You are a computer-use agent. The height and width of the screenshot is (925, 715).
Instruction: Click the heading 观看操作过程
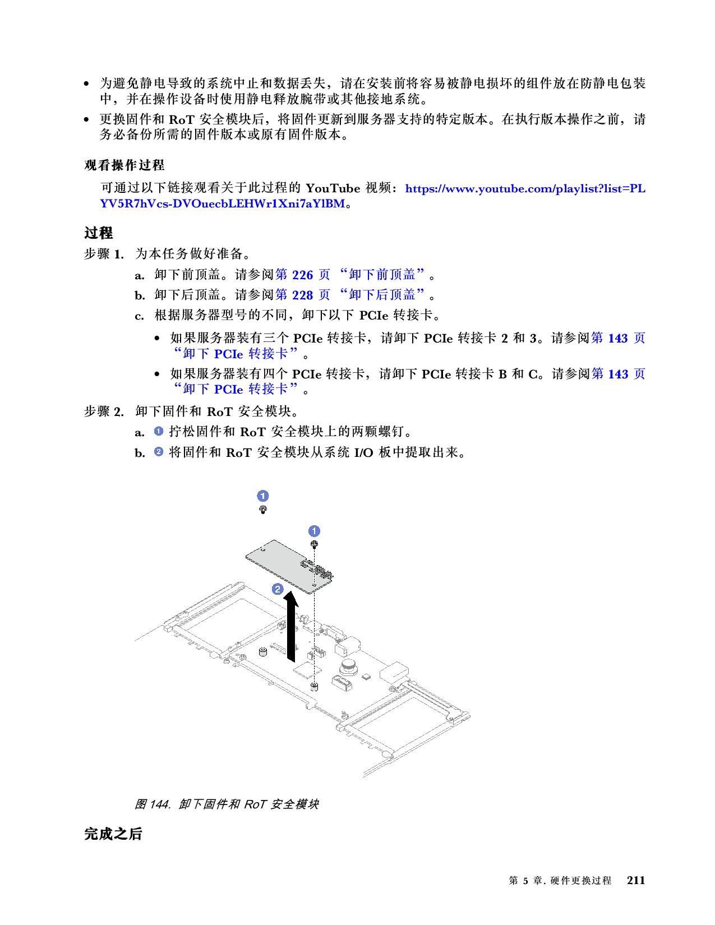[x=124, y=165]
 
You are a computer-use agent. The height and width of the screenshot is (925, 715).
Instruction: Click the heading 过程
[x=98, y=233]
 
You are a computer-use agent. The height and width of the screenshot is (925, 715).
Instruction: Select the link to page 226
[x=349, y=275]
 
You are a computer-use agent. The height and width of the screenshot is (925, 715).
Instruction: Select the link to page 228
[x=349, y=294]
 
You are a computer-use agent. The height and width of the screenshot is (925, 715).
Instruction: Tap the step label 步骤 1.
[x=104, y=254]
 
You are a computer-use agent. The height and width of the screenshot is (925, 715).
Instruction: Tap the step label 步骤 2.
[x=104, y=411]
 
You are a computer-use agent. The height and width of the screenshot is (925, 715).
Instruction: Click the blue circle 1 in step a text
[x=158, y=431]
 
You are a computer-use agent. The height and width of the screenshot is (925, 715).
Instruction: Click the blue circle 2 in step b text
[x=158, y=452]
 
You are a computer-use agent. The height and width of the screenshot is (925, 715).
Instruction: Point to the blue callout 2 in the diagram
[x=278, y=589]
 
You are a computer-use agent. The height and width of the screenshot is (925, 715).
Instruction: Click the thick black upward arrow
[x=291, y=626]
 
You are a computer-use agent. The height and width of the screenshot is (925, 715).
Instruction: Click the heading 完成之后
[x=113, y=834]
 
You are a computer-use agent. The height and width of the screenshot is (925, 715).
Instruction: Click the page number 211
[x=636, y=880]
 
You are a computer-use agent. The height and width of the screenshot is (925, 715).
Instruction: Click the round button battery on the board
[x=349, y=668]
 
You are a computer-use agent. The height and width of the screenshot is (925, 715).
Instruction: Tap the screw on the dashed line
[x=314, y=544]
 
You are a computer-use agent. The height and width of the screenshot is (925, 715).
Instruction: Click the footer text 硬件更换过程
[x=580, y=880]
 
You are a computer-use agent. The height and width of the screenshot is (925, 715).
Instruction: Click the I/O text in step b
[x=363, y=452]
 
